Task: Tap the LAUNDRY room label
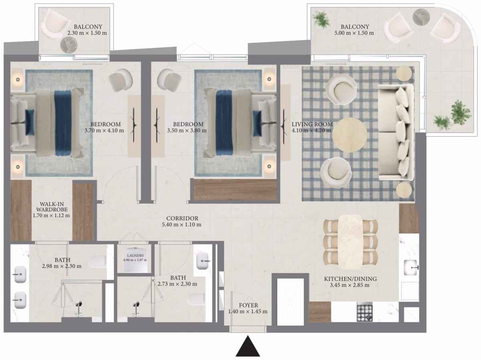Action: pos(135,255)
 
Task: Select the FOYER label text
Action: pos(249,305)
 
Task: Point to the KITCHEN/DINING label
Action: pos(350,279)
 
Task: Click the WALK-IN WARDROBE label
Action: pos(52,207)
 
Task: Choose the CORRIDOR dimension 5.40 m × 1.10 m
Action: pos(182,225)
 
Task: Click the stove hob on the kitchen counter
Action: pos(364,312)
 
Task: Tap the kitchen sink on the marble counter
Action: pos(410,267)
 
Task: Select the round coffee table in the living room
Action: pos(350,135)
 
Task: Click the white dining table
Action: pos(350,242)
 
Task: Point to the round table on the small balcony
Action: pos(69,45)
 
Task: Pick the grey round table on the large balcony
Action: pos(421,17)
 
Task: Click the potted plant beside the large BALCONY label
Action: pos(321,20)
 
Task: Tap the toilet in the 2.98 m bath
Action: pos(97,262)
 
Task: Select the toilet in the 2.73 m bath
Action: pos(196,299)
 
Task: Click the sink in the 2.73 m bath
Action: pos(202,261)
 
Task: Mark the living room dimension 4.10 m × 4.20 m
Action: pos(311,131)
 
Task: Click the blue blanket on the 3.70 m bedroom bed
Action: pos(63,123)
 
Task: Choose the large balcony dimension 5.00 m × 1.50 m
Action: pos(354,33)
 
